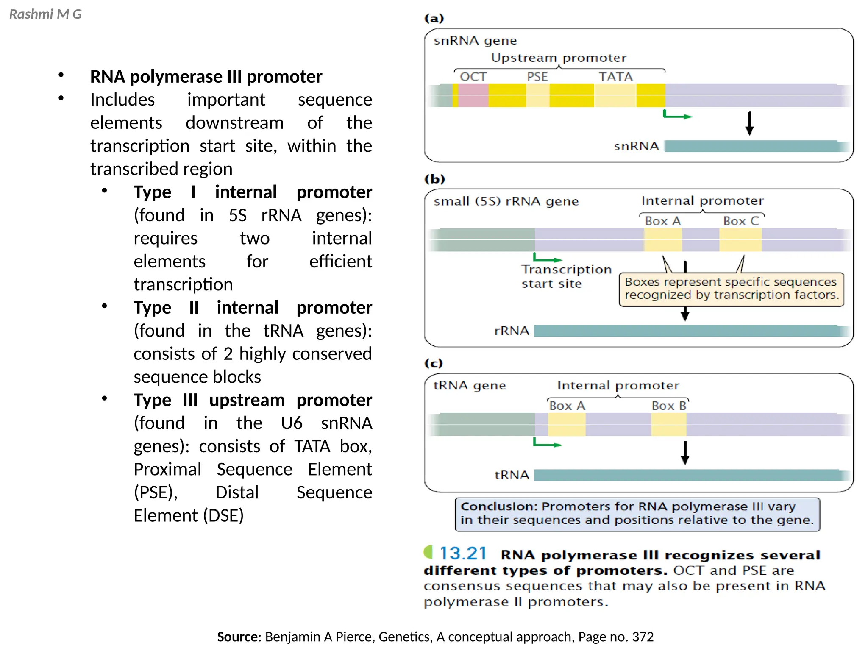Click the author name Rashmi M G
45,14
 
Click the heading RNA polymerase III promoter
206,77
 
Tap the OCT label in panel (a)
473,77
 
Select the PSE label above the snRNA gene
537,77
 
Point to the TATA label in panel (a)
615,77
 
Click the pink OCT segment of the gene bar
473,95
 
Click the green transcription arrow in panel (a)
677,115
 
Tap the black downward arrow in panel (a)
749,123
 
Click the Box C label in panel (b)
741,221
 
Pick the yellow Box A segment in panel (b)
663,240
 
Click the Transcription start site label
566,276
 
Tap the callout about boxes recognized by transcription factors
732,289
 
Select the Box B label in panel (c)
669,406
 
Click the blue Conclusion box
637,514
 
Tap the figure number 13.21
463,554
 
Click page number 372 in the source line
643,637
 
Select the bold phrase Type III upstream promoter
253,400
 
